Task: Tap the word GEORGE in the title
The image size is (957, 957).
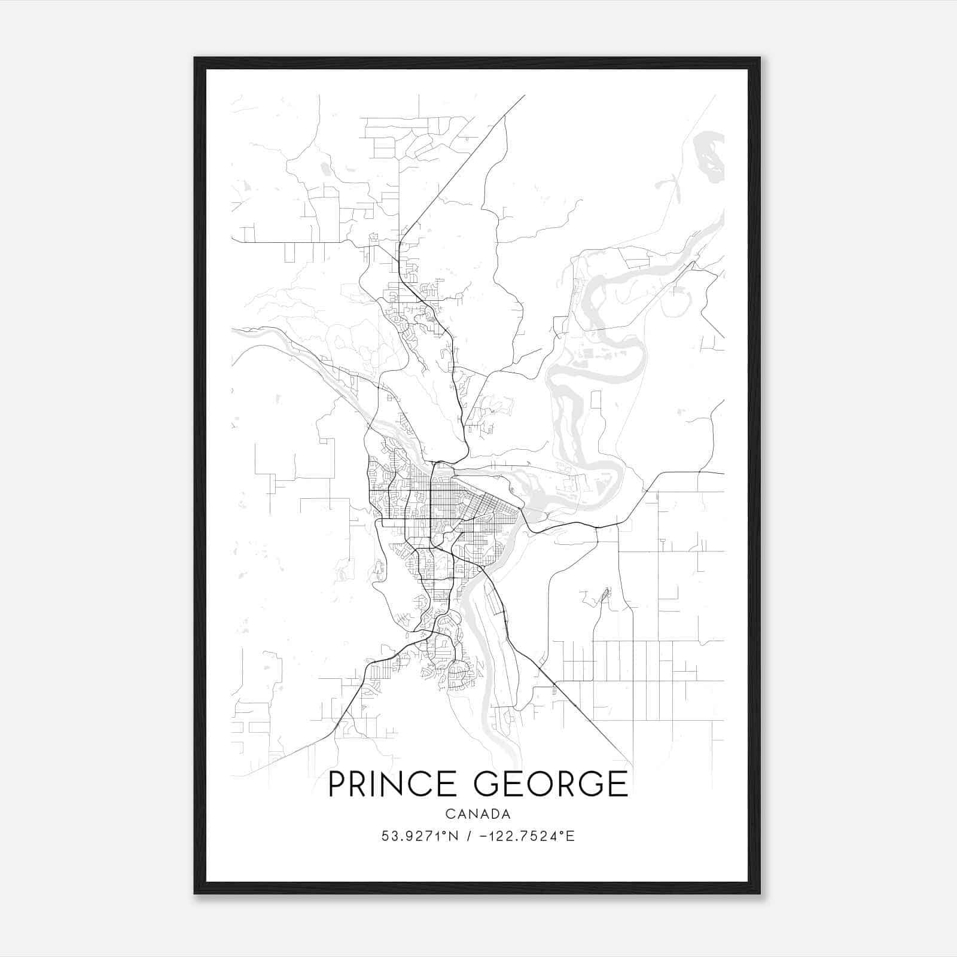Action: coord(551,784)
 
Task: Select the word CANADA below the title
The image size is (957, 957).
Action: coord(478,814)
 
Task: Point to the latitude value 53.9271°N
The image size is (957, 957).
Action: coord(420,836)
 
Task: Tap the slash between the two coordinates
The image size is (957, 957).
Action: coord(468,836)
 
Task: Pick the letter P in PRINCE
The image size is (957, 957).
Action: coord(337,784)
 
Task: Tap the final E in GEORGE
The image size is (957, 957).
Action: coord(620,784)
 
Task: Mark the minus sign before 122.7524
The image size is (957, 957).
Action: coord(483,836)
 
